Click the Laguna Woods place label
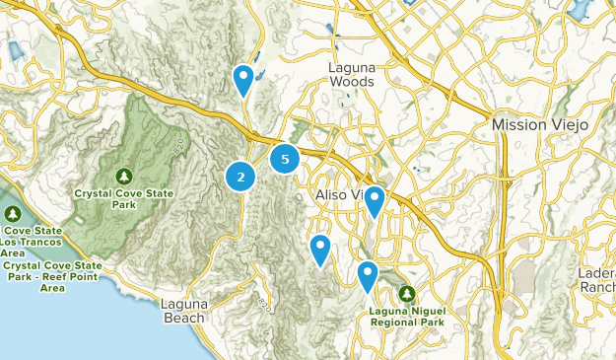pos(351,74)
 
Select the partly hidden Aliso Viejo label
pos(340,194)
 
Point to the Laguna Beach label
pos(183,311)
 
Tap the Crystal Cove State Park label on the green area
pos(124,198)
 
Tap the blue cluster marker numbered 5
pos(285,158)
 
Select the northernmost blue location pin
pos(242,78)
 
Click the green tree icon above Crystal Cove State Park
pos(124,176)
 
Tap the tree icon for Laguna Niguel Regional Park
pos(408,293)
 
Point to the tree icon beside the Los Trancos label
pos(13,214)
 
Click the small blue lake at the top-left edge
pos(15,50)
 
